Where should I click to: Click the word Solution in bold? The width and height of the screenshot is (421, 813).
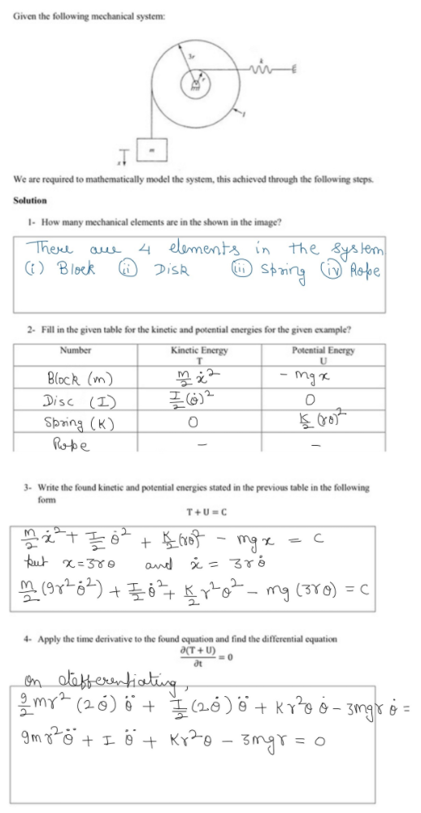click(x=30, y=200)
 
